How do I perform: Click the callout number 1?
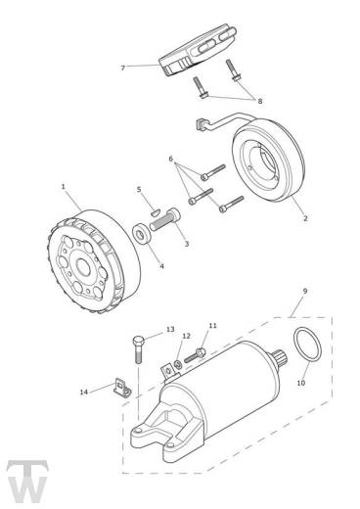64,187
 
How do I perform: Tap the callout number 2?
305,218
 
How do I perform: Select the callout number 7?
123,68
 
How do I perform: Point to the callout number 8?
260,101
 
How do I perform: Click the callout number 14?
84,392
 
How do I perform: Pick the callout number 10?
301,383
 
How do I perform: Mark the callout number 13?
170,330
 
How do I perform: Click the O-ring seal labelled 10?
307,345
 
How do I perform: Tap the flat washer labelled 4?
142,233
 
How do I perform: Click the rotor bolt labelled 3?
165,219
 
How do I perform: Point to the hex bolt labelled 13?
138,349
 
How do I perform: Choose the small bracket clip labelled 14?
122,388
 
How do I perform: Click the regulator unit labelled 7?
198,49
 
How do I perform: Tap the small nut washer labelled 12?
178,364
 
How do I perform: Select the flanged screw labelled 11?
196,355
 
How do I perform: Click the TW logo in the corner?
27,482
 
